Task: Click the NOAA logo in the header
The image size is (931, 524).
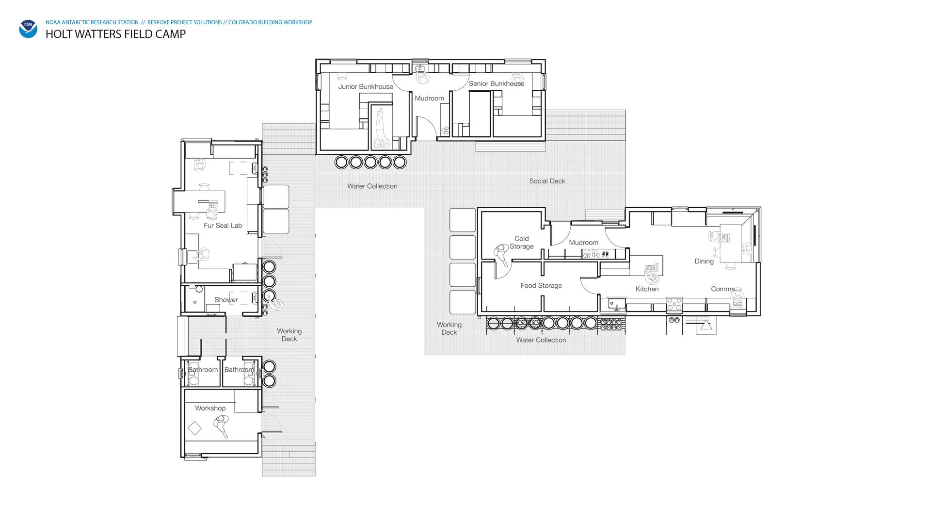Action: click(28, 29)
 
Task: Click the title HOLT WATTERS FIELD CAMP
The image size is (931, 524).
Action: click(115, 34)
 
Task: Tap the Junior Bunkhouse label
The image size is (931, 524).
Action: click(366, 87)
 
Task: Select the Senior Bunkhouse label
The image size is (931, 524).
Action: click(497, 83)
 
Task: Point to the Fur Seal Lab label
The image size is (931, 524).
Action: click(223, 226)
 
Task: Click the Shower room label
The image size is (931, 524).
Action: click(226, 300)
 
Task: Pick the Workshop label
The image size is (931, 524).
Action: click(210, 408)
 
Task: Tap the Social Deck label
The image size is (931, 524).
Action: click(547, 181)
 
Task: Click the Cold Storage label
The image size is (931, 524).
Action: click(521, 243)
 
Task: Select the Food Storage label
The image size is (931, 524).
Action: click(541, 286)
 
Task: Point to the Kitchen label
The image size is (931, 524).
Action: click(647, 289)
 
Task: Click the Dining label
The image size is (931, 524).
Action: click(704, 262)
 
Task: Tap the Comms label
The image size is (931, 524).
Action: click(722, 289)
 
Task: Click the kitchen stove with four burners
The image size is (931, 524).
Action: click(674, 304)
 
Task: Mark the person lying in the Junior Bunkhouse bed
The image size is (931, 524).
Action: click(381, 128)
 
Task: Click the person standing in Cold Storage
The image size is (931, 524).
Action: click(501, 254)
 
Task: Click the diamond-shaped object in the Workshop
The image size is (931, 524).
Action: click(194, 428)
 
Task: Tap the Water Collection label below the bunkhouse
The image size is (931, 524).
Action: click(372, 186)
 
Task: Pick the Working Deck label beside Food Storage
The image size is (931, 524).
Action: click(449, 328)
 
